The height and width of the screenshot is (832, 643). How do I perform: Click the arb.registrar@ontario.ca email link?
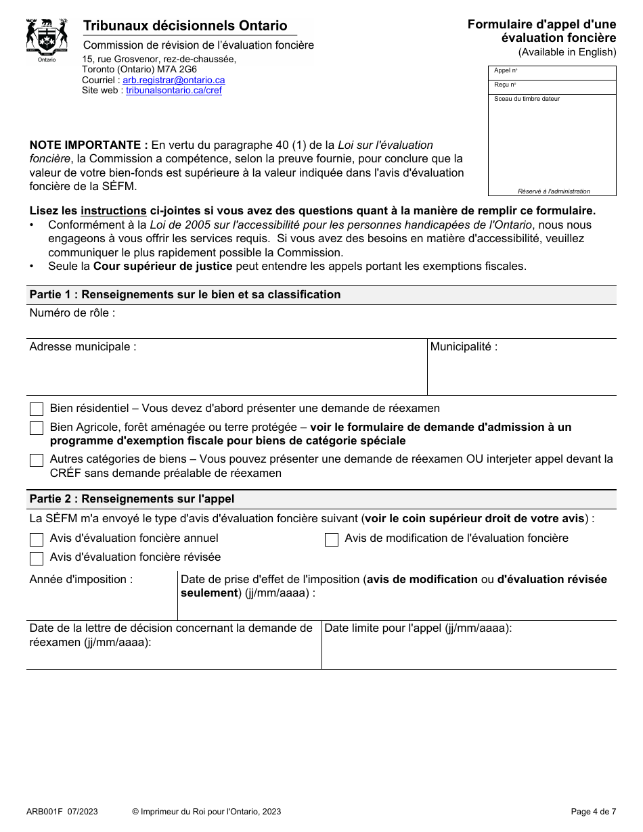click(x=174, y=80)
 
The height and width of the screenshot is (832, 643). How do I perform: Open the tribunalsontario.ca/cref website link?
click(x=174, y=91)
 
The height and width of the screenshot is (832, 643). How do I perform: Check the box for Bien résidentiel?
click(x=37, y=409)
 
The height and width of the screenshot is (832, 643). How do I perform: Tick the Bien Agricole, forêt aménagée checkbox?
click(x=37, y=428)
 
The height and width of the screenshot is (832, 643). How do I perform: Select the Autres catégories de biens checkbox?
click(x=37, y=460)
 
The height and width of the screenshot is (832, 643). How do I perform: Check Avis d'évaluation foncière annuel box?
click(x=37, y=539)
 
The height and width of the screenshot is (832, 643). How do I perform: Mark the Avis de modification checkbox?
click(x=332, y=539)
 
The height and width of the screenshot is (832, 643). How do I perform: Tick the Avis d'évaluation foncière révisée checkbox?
click(x=37, y=558)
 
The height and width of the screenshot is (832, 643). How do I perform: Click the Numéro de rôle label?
click(x=72, y=313)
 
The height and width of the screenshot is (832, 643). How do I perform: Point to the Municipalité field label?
click(x=464, y=347)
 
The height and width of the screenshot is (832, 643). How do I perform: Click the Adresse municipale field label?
click(x=83, y=347)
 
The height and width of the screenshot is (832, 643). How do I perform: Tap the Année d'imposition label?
click(x=81, y=580)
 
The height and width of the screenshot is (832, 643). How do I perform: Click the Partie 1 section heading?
click(x=185, y=295)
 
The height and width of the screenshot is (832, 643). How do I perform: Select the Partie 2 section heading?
click(x=132, y=499)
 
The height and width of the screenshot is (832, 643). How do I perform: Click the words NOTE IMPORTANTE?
click(x=89, y=145)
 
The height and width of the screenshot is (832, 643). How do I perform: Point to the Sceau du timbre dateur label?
click(x=527, y=99)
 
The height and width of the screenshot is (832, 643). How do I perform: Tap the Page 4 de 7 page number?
click(x=594, y=812)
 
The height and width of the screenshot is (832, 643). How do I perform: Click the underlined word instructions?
click(x=114, y=210)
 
